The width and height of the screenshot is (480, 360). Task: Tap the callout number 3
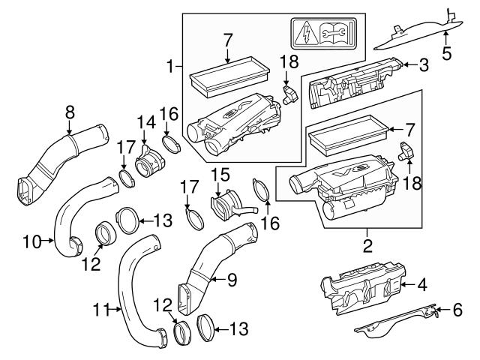coord(424,65)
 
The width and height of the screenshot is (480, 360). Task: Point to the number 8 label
coord(70,112)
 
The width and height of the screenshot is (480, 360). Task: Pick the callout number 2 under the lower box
coord(367,245)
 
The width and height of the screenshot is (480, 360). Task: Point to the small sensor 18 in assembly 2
coord(406,150)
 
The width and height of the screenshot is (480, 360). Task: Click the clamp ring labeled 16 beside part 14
coord(169,143)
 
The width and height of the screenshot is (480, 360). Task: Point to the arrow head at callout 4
coord(405,285)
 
